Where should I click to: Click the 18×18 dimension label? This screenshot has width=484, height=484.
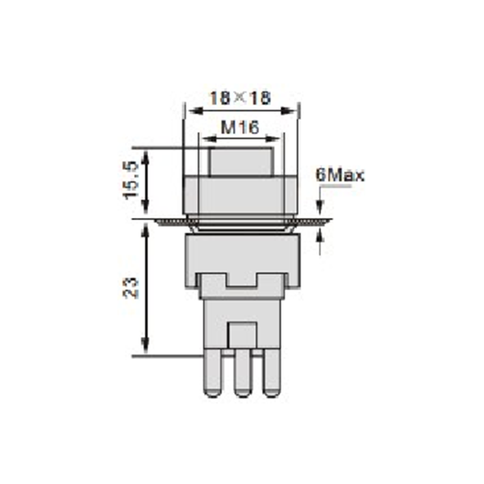coord(240,98)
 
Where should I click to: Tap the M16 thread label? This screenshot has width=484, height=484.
coord(240,127)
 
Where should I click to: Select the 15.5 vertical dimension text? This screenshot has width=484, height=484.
coord(131,180)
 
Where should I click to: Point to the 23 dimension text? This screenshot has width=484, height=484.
coord(131,288)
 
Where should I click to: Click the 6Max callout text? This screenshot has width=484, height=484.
coord(340,175)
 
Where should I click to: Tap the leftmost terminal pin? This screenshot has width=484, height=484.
coord(213,373)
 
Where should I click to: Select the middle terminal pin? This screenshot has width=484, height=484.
coord(243,373)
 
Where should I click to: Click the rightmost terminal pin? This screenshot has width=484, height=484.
coord(272,373)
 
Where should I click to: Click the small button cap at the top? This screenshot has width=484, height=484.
coord(241,162)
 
